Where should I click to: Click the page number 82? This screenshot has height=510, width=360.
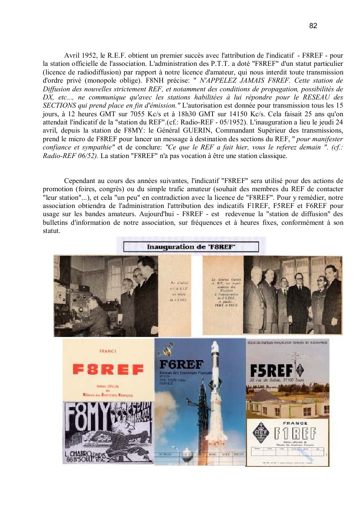tap(313, 26)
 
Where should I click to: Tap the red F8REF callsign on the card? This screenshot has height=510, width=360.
tap(108, 370)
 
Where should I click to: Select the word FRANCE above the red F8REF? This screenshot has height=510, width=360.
tap(108, 351)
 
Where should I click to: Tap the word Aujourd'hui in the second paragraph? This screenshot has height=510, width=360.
tap(161, 213)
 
